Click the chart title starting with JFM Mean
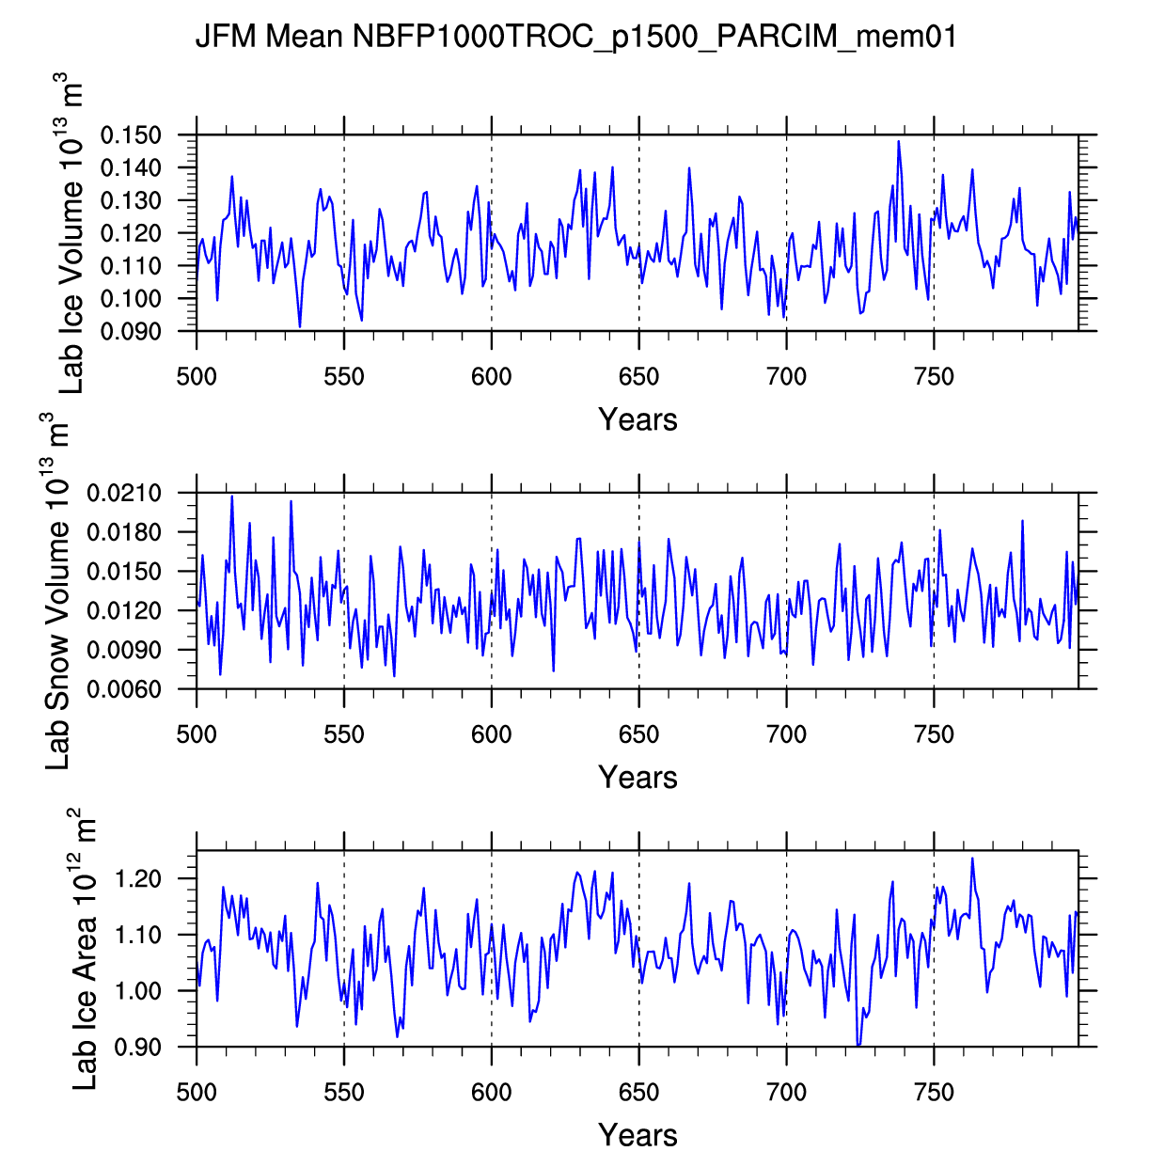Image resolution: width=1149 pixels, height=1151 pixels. (575, 38)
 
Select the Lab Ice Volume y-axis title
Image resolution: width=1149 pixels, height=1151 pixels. (71, 233)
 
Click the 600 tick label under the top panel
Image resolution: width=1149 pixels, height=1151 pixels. (491, 377)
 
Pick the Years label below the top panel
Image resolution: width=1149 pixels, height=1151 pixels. (637, 419)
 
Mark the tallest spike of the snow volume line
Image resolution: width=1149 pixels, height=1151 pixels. (231, 496)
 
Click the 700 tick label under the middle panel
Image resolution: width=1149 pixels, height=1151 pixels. (786, 734)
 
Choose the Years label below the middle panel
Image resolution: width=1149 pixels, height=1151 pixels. (637, 778)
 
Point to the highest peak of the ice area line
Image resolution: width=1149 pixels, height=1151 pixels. (972, 859)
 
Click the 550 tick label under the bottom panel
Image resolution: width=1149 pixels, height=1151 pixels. (344, 1093)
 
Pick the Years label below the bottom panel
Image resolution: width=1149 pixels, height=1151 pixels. (637, 1135)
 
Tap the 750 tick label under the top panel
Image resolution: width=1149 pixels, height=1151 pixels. (934, 377)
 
